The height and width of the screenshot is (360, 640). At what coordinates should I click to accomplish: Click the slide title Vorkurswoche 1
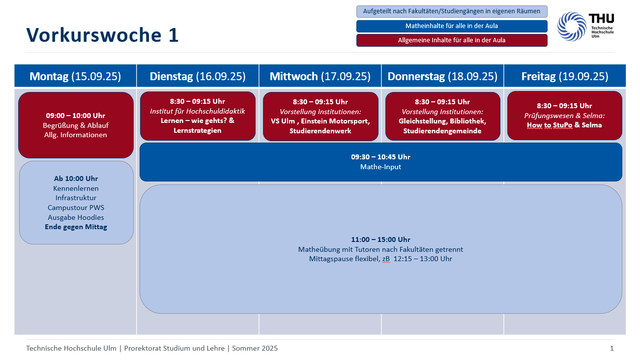102,35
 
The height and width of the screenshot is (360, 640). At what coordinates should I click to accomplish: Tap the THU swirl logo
572,26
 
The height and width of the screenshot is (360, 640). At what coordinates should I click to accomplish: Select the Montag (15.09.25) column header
75,76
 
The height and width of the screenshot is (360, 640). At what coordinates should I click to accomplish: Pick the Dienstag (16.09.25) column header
198,76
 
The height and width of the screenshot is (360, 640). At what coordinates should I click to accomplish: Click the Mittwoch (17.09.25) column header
320,76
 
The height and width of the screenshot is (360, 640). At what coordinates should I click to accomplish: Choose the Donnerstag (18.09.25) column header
442,76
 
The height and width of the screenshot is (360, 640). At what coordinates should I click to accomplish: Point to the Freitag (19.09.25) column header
565,76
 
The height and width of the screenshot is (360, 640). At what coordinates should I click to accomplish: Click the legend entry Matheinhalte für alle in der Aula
452,26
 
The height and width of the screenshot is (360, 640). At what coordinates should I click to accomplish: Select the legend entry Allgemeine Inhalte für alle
452,40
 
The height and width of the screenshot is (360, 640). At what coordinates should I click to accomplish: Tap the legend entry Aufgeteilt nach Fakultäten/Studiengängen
452,11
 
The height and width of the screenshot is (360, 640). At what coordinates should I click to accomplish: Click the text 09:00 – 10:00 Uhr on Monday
76,116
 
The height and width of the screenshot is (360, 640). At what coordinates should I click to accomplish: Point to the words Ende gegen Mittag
76,227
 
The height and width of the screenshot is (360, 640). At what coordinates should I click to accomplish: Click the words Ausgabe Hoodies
76,217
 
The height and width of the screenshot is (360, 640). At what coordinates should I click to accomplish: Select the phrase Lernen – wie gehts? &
198,121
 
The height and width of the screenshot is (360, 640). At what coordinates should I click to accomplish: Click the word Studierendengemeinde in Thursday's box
442,131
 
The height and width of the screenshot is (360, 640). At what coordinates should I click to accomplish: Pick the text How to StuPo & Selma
564,125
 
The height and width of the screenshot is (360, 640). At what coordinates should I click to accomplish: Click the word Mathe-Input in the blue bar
380,167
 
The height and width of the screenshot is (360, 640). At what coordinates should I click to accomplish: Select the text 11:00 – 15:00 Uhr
380,240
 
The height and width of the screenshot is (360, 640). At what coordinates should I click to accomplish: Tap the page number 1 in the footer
611,348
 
